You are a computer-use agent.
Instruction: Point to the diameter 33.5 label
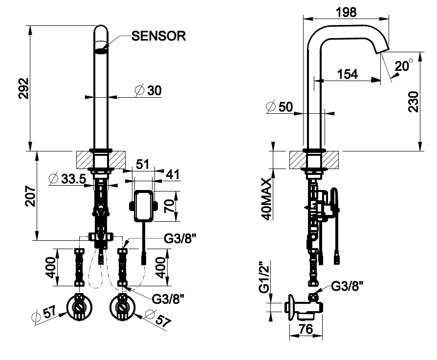pos(68,179)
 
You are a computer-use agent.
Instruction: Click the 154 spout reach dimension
pos(348,74)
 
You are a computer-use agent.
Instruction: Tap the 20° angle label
pos(404,66)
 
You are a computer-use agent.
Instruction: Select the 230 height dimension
pos(414,102)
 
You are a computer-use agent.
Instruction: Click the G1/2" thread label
pos(264,277)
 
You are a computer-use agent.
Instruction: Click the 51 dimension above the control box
pos(142,164)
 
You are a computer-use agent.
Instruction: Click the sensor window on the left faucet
pos(101,50)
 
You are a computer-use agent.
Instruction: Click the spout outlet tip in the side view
pos(381,49)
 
